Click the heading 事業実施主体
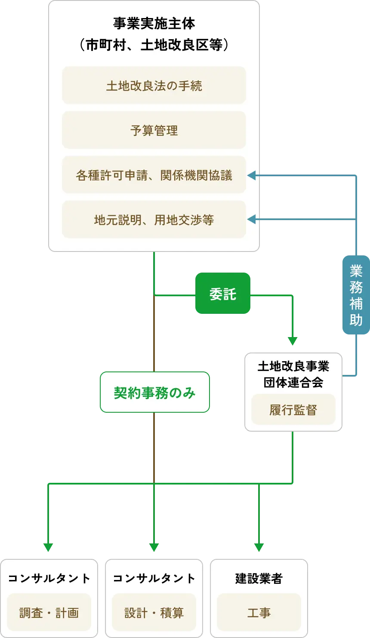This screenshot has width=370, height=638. pyautogui.click(x=154, y=24)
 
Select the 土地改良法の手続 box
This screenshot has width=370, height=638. pyautogui.click(x=154, y=86)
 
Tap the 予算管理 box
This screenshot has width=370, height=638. pyautogui.click(x=154, y=130)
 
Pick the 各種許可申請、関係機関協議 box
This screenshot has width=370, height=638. pyautogui.click(x=154, y=175)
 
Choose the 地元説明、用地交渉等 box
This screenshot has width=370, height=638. pyautogui.click(x=154, y=220)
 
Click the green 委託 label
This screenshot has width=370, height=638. pyautogui.click(x=223, y=294)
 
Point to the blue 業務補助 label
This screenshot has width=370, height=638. pyautogui.click(x=356, y=295)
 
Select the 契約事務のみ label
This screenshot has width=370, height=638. pyautogui.click(x=154, y=392)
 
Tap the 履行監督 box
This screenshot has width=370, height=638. pyautogui.click(x=293, y=409)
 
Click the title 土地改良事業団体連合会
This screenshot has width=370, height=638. pyautogui.click(x=293, y=374)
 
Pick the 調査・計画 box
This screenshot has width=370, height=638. pyautogui.click(x=49, y=612)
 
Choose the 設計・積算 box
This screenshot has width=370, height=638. pyautogui.click(x=154, y=612)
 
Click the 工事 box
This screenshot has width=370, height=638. pyautogui.click(x=259, y=612)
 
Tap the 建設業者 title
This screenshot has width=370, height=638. pyautogui.click(x=259, y=579)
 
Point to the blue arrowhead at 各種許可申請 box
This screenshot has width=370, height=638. pyautogui.click(x=252, y=175)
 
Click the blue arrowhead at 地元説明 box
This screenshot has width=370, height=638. pyautogui.click(x=252, y=220)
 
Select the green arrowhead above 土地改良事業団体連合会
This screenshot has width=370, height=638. pyautogui.click(x=293, y=341)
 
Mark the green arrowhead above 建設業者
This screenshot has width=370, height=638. pyautogui.click(x=259, y=548)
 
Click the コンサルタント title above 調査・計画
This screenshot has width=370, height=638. pyautogui.click(x=49, y=579)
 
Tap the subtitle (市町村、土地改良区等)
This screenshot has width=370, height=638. pyautogui.click(x=154, y=45)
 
